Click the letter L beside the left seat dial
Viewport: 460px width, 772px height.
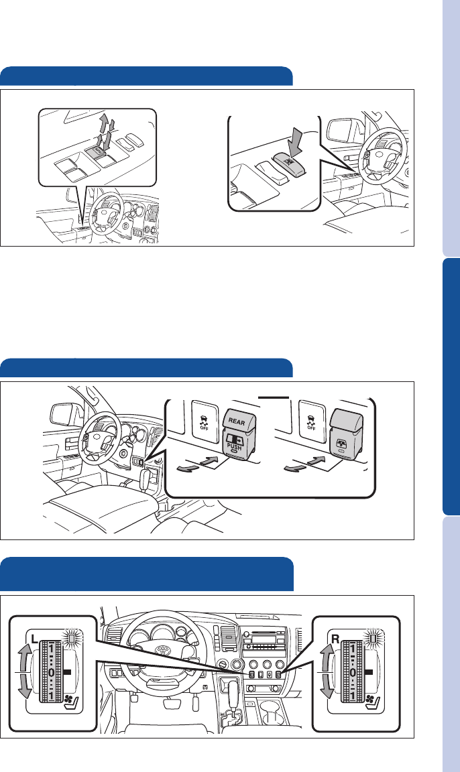click(34, 639)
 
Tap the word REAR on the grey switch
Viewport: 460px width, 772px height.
click(237, 422)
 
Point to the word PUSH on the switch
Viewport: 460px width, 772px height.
click(235, 448)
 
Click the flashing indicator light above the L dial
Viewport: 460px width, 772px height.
click(73, 639)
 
